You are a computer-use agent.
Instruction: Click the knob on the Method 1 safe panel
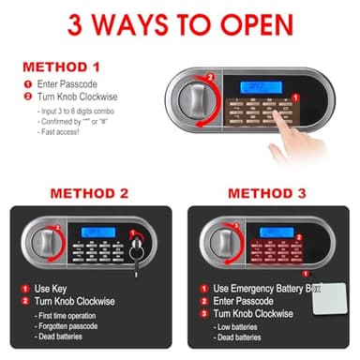pos(194,98)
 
